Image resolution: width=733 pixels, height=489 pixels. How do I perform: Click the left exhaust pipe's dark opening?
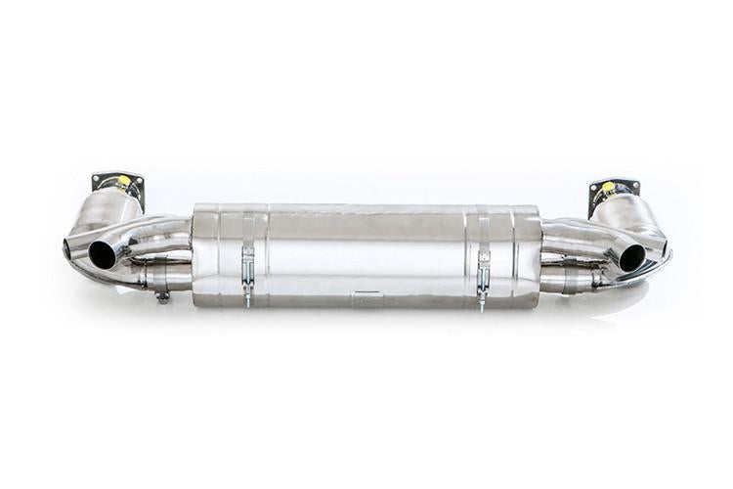pos(102,254)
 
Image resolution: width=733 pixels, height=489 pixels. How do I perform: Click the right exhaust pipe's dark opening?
pos(631,257)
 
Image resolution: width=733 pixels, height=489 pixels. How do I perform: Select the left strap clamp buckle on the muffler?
pos(247,265)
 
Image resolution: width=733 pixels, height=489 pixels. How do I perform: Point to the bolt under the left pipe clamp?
pos(162,295)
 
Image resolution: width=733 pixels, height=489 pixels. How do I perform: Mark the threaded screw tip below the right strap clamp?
pos(482,304)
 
